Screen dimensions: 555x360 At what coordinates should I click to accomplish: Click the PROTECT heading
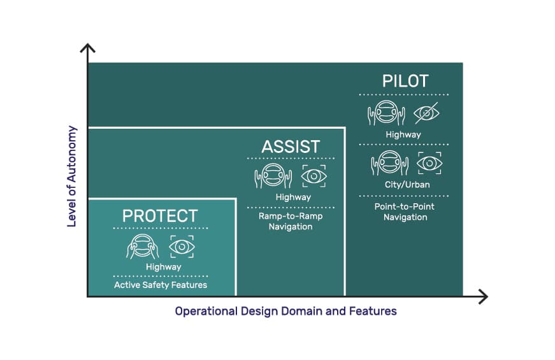160,216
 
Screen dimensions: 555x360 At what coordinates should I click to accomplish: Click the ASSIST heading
291,147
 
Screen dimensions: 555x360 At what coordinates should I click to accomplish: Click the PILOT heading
405,81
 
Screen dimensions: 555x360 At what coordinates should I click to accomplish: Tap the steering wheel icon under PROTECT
142,247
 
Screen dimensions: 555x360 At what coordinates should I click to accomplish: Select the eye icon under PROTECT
182,247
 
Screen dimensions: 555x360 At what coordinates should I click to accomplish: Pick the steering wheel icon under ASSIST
273,176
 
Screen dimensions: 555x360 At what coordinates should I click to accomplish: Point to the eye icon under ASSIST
314,176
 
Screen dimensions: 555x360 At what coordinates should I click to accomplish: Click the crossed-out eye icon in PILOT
426,113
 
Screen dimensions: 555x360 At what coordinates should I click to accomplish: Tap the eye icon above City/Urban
429,163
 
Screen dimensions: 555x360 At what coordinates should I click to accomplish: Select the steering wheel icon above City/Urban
390,163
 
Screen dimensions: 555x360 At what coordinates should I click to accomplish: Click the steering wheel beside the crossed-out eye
386,113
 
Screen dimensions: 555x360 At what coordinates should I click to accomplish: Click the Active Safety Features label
161,285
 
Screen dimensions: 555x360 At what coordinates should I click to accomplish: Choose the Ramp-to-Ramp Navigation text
291,221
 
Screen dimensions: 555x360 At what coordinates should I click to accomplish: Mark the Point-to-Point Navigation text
405,212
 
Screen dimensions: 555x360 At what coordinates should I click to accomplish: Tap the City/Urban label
407,184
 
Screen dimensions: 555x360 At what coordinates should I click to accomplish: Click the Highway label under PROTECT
164,267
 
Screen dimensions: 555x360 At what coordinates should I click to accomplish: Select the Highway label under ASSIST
293,197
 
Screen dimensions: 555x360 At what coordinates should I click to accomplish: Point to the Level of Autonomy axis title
72,176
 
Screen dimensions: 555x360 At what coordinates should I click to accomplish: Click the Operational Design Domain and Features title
285,311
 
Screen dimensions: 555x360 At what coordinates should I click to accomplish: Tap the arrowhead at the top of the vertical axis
87,45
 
